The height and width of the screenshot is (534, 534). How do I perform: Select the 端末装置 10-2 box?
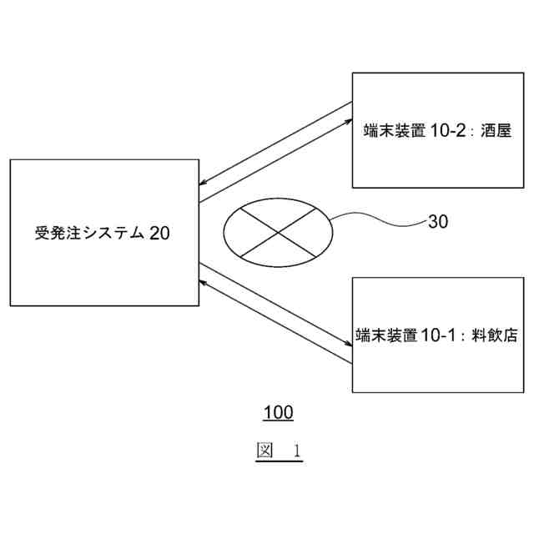(x=436, y=130)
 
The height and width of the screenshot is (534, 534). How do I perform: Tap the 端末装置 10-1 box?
(x=436, y=335)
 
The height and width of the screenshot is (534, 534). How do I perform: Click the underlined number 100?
(x=278, y=412)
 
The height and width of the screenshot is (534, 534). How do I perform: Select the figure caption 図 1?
(x=278, y=451)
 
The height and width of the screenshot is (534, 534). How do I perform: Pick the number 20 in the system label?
(x=160, y=233)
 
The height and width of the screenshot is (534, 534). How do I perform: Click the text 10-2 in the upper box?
(x=451, y=131)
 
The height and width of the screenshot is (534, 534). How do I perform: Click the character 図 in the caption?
(x=264, y=451)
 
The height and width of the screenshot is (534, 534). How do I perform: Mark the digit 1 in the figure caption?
(x=296, y=452)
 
